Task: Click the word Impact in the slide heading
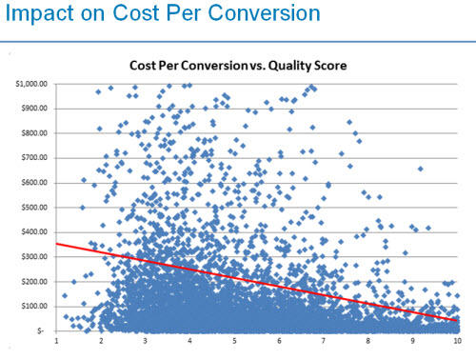(37, 15)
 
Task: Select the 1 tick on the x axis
(57, 340)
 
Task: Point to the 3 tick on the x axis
(146, 340)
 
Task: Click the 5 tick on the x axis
(234, 340)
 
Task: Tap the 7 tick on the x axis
(324, 340)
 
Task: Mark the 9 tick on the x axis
(412, 340)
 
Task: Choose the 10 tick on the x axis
(456, 340)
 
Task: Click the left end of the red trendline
(58, 245)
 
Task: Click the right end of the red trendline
(456, 321)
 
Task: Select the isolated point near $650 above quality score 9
(421, 169)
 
